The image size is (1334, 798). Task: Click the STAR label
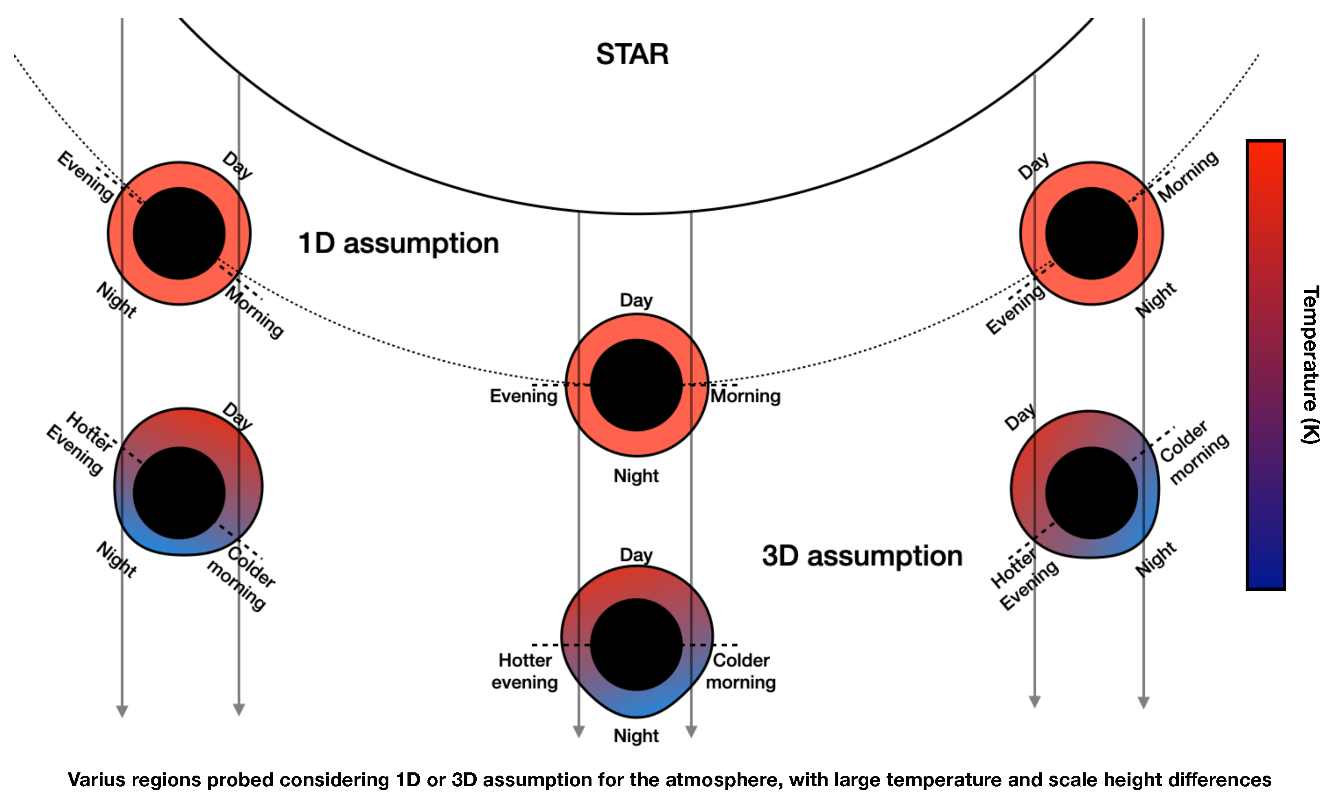coord(632,54)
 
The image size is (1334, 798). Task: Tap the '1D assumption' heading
coord(399,243)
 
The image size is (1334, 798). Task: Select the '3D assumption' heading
coord(862,556)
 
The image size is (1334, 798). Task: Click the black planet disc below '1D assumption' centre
coord(636,385)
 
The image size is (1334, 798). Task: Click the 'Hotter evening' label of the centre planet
coord(525,671)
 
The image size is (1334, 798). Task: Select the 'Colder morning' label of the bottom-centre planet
coord(741,671)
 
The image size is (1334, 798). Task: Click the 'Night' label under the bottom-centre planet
coord(636,736)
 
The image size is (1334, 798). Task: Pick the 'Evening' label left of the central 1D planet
coord(523,396)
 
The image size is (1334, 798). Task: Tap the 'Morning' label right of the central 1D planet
coord(746,396)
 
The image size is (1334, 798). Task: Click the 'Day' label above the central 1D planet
coord(636,300)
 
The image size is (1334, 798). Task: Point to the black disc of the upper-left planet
coord(179,233)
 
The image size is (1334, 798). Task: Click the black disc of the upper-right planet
coord(1091,233)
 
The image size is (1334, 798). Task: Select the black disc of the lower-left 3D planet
coord(179,493)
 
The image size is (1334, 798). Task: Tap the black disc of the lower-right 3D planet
coord(1091,493)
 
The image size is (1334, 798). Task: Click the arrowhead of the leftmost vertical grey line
coord(123,711)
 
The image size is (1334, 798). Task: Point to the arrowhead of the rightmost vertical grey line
coord(1143,702)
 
